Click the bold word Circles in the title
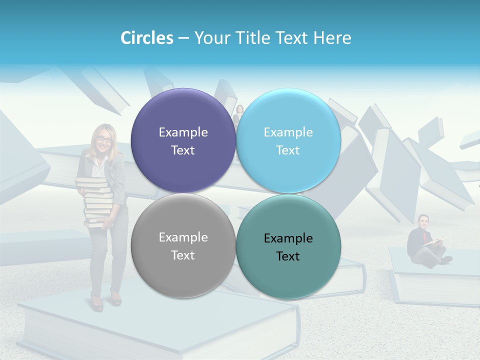147,38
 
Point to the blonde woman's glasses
104,139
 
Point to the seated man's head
424,220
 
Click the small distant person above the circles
239,114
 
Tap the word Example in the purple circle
183,132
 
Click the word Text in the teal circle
288,256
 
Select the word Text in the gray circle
183,255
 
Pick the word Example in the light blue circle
288,132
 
